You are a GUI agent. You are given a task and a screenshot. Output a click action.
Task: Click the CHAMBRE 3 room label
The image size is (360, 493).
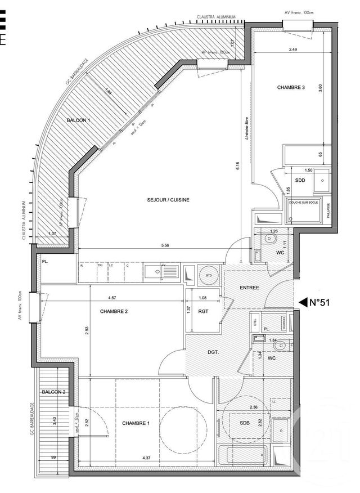291,88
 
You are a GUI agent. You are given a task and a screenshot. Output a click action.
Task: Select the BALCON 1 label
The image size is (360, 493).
79,120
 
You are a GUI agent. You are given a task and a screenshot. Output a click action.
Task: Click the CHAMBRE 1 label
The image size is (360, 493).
137,423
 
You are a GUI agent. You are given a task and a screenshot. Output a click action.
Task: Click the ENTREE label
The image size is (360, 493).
250,288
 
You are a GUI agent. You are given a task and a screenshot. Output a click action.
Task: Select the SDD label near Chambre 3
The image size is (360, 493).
300,181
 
